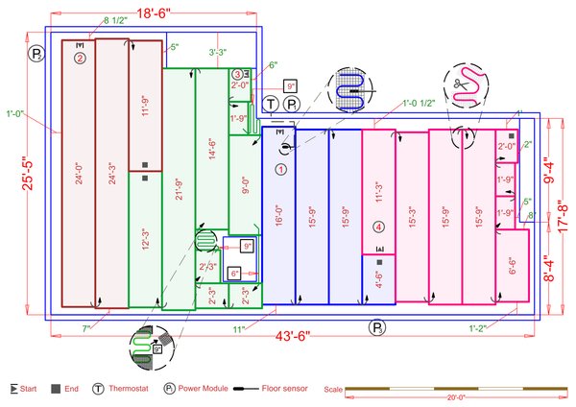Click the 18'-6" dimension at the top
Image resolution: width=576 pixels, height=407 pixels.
(154, 13)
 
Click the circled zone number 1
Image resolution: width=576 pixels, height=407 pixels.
(281, 169)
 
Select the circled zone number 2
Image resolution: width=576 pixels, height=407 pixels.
(80, 58)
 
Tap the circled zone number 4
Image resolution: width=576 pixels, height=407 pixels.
(379, 227)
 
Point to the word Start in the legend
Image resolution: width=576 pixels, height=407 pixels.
(26, 389)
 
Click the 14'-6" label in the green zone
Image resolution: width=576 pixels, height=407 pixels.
(212, 154)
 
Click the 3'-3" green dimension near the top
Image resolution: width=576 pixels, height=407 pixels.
(217, 53)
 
